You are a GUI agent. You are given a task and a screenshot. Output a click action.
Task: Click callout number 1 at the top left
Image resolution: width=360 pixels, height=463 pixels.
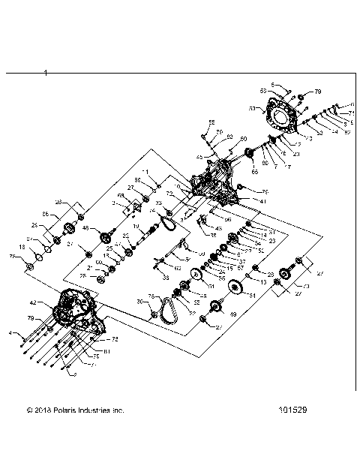click(46, 73)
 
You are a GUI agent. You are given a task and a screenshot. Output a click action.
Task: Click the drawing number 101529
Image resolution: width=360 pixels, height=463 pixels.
click(295, 410)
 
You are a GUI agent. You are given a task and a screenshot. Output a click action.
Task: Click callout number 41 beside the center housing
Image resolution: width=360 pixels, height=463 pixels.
click(242, 201)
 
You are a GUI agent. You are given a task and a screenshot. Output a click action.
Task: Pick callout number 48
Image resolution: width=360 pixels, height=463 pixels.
click(85, 229)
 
